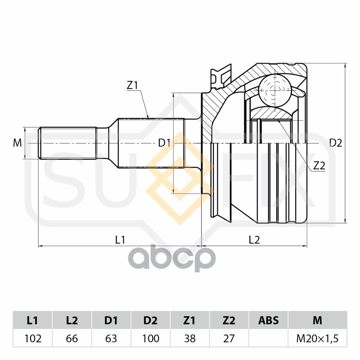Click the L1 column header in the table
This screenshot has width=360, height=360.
32,320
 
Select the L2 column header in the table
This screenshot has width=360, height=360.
72,320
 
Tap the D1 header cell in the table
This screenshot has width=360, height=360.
111,320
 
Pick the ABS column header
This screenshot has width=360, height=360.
268,320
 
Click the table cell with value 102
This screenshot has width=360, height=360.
32,338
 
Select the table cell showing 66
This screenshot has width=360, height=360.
72,338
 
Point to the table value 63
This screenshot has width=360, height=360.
111,338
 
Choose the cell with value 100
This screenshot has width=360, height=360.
150,338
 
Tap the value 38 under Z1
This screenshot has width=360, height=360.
189,338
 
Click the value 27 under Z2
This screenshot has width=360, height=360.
229,338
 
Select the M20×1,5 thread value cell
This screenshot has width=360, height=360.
317,338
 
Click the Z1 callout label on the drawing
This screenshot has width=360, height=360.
132,85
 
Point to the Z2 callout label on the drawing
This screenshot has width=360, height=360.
319,166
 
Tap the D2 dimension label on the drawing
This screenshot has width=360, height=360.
336,143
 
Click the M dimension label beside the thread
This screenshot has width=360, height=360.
17,143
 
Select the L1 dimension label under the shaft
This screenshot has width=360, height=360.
120,240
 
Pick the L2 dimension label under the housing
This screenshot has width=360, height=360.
254,240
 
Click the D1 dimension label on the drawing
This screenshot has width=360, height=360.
164,143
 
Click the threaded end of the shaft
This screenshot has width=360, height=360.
67,143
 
